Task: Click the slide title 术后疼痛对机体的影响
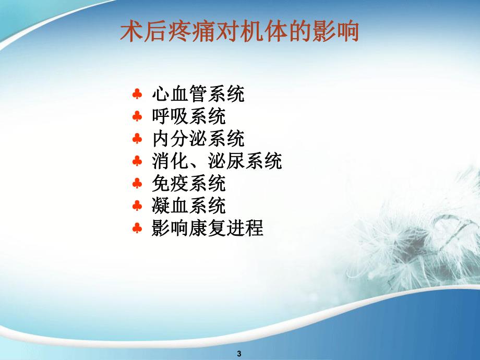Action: click(239, 32)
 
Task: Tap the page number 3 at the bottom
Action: click(239, 353)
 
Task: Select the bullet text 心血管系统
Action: click(198, 94)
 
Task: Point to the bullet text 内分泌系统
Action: click(198, 139)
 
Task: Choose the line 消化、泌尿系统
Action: click(217, 162)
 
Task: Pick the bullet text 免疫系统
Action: click(188, 184)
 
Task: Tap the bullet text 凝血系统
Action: click(188, 207)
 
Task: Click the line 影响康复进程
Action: click(207, 229)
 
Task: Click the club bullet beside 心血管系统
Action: click(137, 95)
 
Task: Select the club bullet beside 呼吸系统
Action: click(137, 117)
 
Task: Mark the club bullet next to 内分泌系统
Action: click(137, 140)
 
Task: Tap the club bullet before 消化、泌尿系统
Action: click(137, 162)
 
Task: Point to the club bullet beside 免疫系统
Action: click(137, 185)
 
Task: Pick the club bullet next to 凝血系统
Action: click(137, 207)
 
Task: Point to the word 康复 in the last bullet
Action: click(207, 229)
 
